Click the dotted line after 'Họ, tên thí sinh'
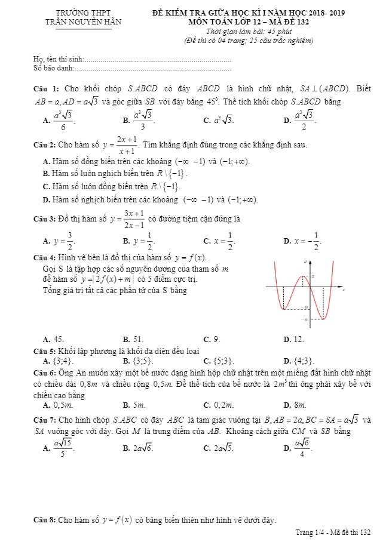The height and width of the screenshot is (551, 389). [x=158, y=60]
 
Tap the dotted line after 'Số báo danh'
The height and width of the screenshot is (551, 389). [x=152, y=69]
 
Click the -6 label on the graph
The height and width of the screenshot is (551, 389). [x=305, y=320]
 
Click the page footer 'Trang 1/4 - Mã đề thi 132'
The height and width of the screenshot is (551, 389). [x=333, y=532]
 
